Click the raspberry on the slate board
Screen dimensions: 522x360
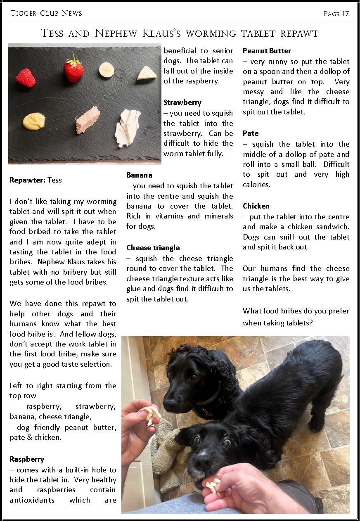pyautogui.click(x=26, y=77)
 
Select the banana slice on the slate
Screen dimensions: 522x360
pyautogui.click(x=107, y=69)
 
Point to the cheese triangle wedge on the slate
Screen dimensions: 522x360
pyautogui.click(x=147, y=74)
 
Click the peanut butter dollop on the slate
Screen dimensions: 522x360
pyautogui.click(x=34, y=121)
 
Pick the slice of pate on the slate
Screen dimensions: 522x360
pyautogui.click(x=88, y=120)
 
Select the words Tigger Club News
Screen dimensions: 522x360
pyautogui.click(x=46, y=13)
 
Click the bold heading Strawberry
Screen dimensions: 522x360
pyautogui.click(x=182, y=102)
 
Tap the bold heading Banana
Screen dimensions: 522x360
pyautogui.click(x=139, y=175)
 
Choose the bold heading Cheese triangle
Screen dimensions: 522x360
pyautogui.click(x=153, y=248)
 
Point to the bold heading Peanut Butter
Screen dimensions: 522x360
pyautogui.click(x=267, y=51)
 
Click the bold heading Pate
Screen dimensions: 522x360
pyautogui.click(x=251, y=133)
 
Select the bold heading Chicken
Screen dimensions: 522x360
pyautogui.click(x=256, y=206)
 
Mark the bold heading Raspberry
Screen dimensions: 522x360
pyautogui.click(x=26, y=459)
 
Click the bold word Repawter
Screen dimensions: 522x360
pyautogui.click(x=27, y=180)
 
